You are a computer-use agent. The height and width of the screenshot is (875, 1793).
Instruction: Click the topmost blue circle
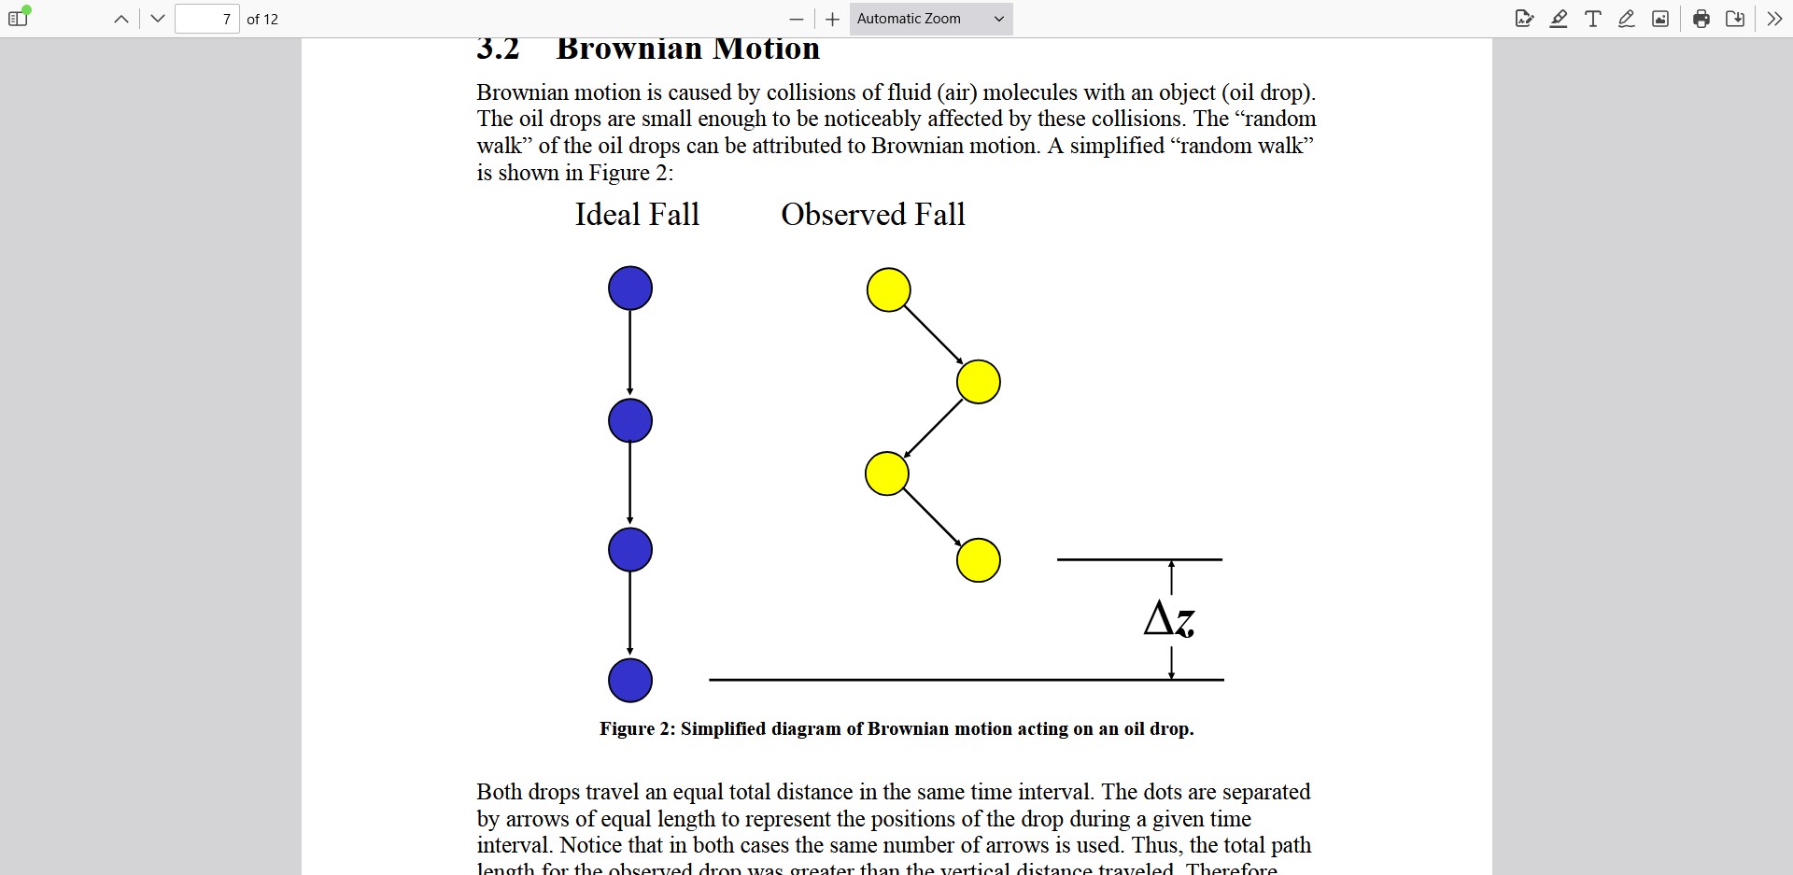pos(630,289)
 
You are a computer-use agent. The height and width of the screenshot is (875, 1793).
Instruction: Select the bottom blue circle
pos(630,680)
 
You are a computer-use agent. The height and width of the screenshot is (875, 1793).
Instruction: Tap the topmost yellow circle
pos(888,289)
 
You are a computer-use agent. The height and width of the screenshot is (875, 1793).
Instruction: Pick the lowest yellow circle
pos(979,560)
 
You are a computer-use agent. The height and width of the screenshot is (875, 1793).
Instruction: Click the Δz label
pos(1169,619)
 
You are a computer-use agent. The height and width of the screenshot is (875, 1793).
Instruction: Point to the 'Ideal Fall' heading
pos(637,215)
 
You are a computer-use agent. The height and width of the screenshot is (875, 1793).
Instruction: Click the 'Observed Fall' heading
pos(873,215)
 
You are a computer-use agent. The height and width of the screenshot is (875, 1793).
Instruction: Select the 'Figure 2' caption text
pos(896,728)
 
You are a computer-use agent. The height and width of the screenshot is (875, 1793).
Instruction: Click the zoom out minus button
pos(796,20)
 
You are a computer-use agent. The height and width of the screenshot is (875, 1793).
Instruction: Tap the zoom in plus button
pos(833,20)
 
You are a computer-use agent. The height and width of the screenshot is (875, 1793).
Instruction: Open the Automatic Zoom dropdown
pos(931,19)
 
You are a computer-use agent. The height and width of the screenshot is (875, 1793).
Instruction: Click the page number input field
pos(207,19)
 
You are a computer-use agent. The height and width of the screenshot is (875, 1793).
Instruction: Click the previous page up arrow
pos(121,19)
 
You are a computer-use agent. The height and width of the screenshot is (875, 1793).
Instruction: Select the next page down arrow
pos(158,19)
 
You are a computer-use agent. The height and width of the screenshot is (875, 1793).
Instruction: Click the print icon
pos(1701,19)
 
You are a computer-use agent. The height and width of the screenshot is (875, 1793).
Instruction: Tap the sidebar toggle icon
pos(18,19)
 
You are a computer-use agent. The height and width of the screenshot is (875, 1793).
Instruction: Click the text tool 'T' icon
pos(1593,19)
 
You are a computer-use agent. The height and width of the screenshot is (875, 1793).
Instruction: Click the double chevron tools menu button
pos(1774,19)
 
